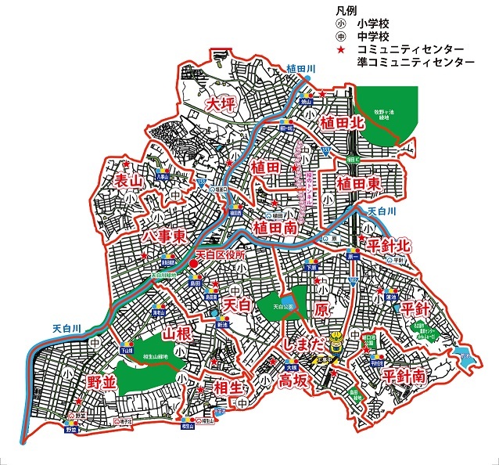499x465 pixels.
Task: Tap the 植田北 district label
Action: point(342,123)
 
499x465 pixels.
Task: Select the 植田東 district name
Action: point(359,182)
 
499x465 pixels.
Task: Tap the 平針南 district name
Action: point(404,376)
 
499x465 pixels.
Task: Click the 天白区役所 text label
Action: point(220,256)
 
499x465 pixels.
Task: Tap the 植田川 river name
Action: point(300,69)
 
